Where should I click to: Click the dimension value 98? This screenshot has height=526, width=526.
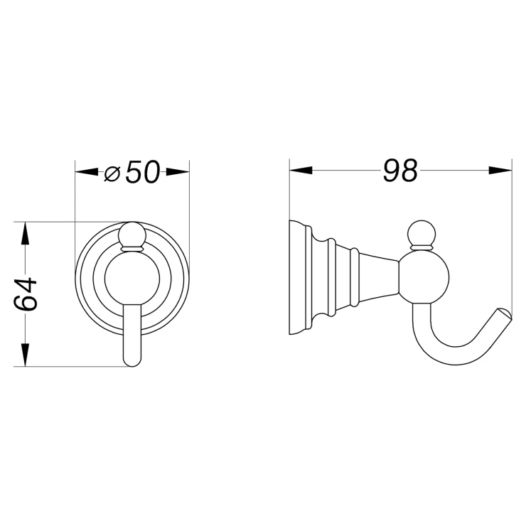pyautogui.click(x=400, y=171)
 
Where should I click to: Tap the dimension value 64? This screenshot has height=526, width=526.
pyautogui.click(x=26, y=294)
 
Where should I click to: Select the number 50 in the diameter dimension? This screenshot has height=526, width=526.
pyautogui.click(x=143, y=172)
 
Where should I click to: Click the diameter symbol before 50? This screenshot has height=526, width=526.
pyautogui.click(x=112, y=173)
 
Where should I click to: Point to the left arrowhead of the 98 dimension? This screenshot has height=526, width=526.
pyautogui.click(x=301, y=170)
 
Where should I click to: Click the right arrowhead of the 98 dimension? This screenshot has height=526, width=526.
pyautogui.click(x=500, y=170)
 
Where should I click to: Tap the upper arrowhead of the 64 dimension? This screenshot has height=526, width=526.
pyautogui.click(x=25, y=234)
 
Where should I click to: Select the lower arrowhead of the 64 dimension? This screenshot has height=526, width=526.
pyautogui.click(x=25, y=355)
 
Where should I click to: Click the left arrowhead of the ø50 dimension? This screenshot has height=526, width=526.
pyautogui.click(x=87, y=172)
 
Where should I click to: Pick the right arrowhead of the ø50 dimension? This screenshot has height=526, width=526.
pyautogui.click(x=178, y=172)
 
